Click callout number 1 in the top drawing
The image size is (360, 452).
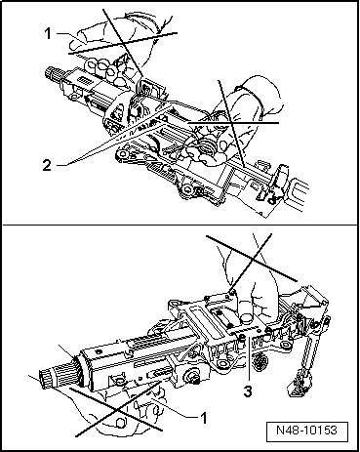click(x=48, y=33)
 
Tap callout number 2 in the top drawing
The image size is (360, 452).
click(x=47, y=165)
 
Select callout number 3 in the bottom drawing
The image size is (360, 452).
click(x=248, y=391)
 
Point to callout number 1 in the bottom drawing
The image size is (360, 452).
click(x=204, y=418)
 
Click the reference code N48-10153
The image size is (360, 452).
click(x=307, y=431)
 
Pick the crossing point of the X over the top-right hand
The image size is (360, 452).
click(x=231, y=123)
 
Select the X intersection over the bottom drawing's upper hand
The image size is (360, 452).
click(x=253, y=258)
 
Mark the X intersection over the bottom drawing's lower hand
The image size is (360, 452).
click(x=118, y=410)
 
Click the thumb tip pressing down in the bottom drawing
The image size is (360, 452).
click(x=247, y=317)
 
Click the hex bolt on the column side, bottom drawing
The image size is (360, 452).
click(x=194, y=375)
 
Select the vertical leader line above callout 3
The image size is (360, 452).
click(x=249, y=359)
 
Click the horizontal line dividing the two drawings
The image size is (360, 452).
click(x=180, y=225)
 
